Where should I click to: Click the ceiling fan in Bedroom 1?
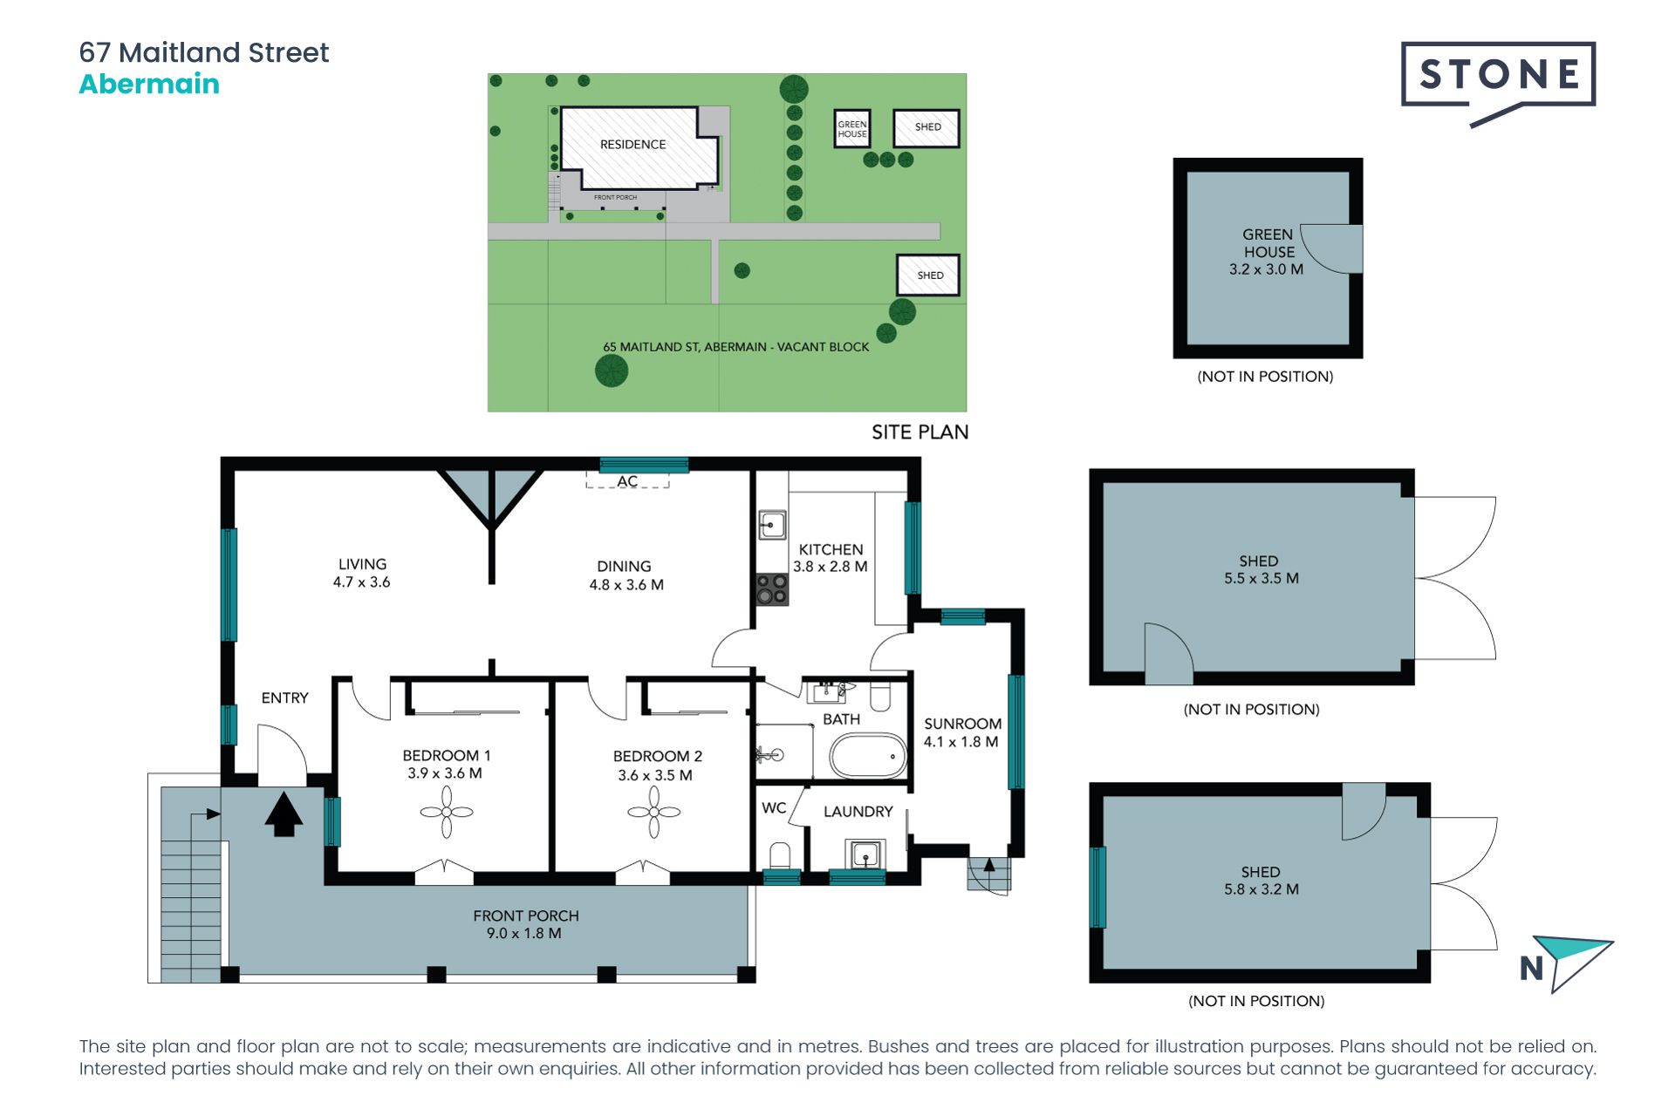pyautogui.click(x=447, y=812)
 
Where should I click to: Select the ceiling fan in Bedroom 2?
pyautogui.click(x=653, y=812)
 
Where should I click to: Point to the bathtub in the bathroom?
pyautogui.click(x=868, y=756)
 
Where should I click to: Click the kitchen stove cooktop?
pyautogui.click(x=772, y=589)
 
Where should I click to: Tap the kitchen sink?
pyautogui.click(x=772, y=526)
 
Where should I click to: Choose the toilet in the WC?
pyautogui.click(x=780, y=855)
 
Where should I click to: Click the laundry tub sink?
pyautogui.click(x=865, y=854)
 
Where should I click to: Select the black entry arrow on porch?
pyautogui.click(x=284, y=813)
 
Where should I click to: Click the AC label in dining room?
pyautogui.click(x=627, y=481)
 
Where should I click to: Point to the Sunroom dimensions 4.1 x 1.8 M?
pyautogui.click(x=961, y=742)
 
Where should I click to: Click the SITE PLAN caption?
pyautogui.click(x=920, y=432)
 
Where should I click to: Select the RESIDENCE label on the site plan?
pyautogui.click(x=632, y=145)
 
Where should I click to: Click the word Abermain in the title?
pyautogui.click(x=149, y=85)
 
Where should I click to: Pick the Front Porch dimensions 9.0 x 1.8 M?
pyautogui.click(x=524, y=934)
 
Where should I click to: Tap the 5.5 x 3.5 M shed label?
pyautogui.click(x=1261, y=578)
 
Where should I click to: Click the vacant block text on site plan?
pyautogui.click(x=735, y=347)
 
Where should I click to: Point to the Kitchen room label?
pyautogui.click(x=831, y=550)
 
